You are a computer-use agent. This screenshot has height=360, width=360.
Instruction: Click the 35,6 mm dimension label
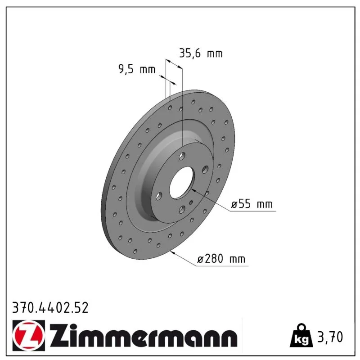[x=201, y=54]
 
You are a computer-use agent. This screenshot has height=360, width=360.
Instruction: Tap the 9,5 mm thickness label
[x=137, y=69]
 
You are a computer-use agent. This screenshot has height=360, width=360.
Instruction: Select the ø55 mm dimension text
[x=252, y=204]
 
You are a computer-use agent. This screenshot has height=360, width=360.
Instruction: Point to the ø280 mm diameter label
[x=221, y=259]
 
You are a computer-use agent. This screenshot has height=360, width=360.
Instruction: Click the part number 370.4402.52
[x=50, y=308]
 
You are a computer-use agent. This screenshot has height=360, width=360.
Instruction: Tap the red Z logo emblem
[x=29, y=335]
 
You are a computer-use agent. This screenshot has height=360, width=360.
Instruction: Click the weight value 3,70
[x=330, y=337]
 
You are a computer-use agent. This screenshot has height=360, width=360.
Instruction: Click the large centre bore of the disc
[x=182, y=182]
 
